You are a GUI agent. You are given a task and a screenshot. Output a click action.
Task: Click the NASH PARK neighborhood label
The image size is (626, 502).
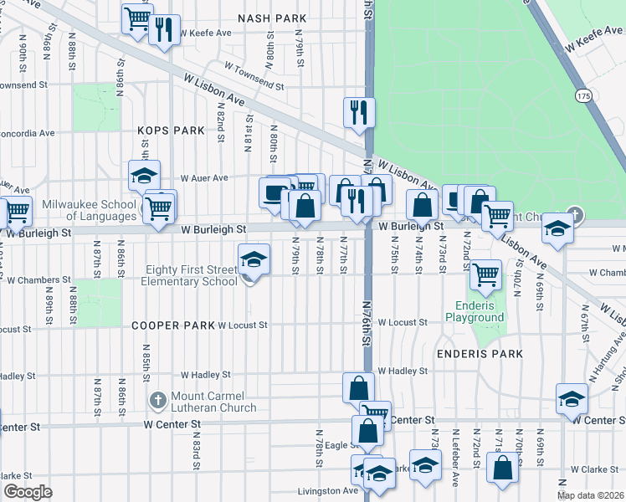(272, 18)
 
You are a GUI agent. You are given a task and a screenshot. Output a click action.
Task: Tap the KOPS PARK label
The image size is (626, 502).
(171, 131)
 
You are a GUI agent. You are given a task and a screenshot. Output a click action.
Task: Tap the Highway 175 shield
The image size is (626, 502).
(582, 97)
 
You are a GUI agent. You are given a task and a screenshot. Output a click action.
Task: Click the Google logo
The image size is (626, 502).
(28, 492)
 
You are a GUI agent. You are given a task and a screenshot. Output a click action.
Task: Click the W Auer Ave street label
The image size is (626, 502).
(204, 178)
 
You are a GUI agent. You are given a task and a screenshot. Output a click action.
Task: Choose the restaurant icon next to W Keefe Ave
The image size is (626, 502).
(164, 29)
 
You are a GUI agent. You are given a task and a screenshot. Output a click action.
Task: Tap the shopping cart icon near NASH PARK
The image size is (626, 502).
(136, 18)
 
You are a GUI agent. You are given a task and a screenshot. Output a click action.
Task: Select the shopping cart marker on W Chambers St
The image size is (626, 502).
(485, 273)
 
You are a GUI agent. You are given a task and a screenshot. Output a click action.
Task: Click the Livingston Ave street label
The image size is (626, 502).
(327, 491)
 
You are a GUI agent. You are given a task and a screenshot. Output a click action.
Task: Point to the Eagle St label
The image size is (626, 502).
(342, 445)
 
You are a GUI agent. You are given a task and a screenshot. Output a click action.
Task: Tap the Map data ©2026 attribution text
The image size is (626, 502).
(590, 495)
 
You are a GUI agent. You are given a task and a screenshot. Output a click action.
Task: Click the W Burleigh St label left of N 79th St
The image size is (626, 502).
(213, 228)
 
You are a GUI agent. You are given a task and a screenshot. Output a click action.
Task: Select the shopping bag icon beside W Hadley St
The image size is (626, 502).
(357, 388)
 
